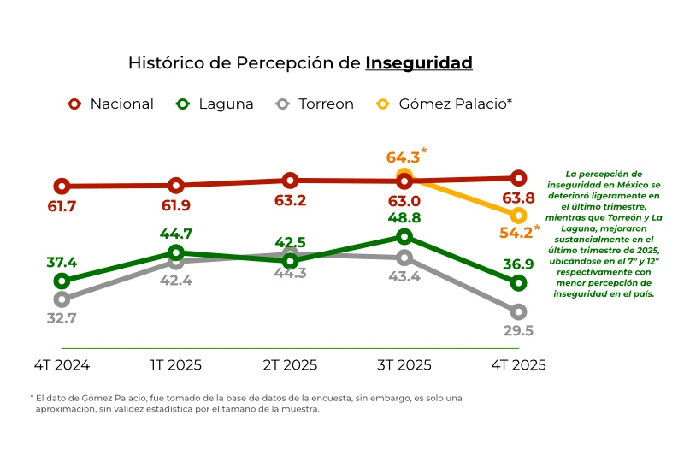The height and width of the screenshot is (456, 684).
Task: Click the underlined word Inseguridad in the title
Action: point(418,63)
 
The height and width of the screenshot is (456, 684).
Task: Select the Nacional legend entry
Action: point(111,104)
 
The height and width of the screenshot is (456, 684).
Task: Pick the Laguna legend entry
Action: point(215,104)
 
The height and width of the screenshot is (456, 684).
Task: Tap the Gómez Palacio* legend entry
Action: point(445,104)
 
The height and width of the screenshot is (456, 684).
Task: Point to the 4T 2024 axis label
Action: point(62,365)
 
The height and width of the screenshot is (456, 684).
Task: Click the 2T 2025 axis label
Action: point(290,365)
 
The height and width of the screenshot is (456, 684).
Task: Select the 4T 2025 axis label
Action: point(518,365)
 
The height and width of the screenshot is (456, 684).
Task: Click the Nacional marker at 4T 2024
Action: point(62,186)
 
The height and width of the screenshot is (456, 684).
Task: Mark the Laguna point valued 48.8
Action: point(404,236)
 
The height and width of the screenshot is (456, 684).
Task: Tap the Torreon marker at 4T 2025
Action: point(518,311)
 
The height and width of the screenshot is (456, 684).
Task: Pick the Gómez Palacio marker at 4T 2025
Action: point(518,215)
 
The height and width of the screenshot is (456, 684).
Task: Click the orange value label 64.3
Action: point(403,157)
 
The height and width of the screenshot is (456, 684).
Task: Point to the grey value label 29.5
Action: point(518,331)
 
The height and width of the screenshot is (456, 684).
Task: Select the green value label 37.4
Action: point(62,263)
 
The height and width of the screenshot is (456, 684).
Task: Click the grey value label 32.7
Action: point(62,318)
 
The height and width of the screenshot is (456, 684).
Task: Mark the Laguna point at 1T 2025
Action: point(176,252)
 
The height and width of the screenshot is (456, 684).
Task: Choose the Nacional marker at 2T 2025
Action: point(290,180)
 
